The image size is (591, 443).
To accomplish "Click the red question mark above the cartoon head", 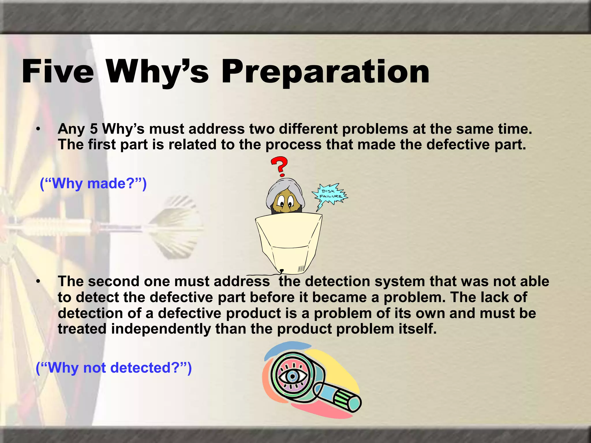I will pos(280,166).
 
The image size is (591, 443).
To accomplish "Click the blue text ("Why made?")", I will pos(93,183).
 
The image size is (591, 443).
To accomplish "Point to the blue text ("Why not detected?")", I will pos(113,368).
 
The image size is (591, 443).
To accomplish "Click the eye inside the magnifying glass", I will pos(292,376).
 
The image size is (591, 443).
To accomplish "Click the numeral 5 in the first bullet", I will pos(94,129).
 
